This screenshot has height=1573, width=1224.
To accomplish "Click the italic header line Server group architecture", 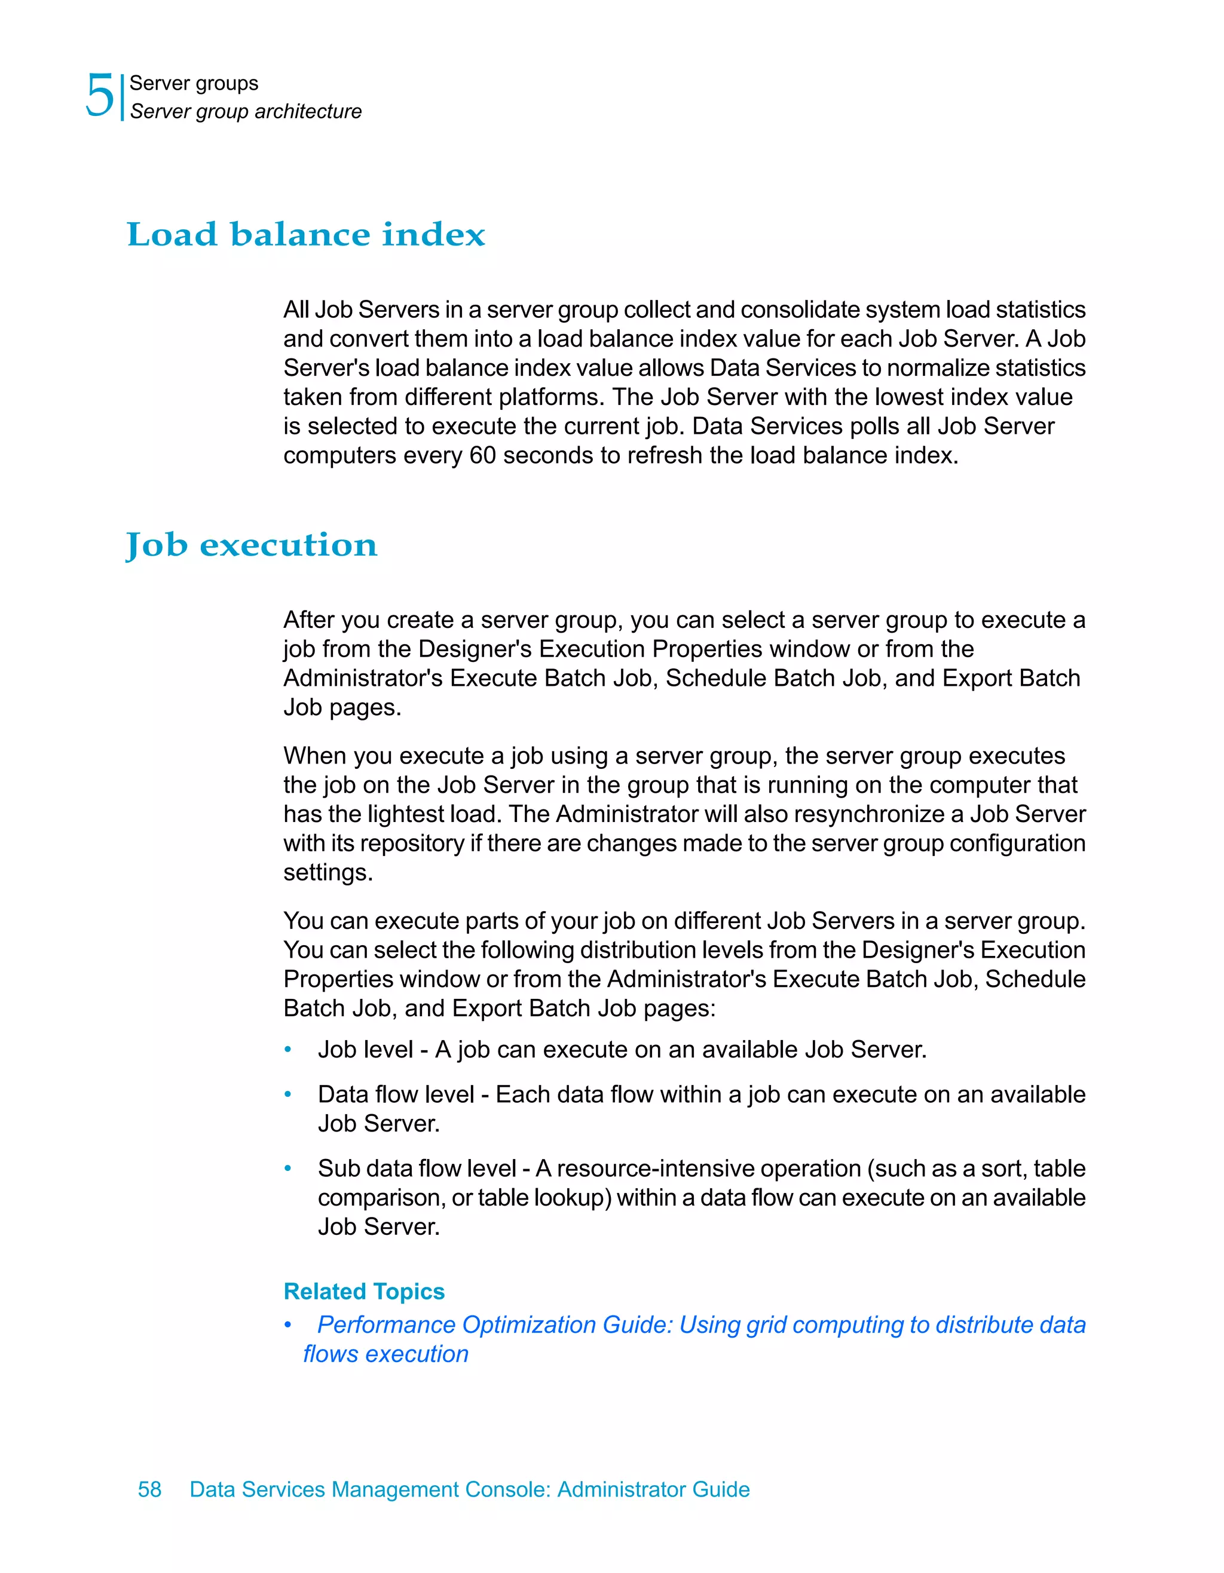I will coord(245,112).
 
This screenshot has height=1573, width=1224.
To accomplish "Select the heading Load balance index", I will coord(306,235).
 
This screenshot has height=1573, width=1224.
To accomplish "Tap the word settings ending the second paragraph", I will coord(328,873).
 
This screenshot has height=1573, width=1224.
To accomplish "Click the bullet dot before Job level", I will coord(287,1050).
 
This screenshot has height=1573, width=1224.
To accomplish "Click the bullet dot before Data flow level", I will coord(287,1094).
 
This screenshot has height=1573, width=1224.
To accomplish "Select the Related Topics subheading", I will coord(364,1292).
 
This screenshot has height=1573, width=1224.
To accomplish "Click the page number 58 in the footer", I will coord(150,1489).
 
